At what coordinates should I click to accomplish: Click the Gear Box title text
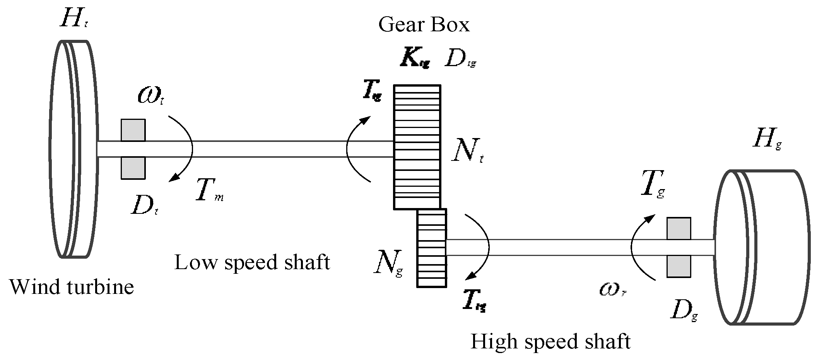[424, 25]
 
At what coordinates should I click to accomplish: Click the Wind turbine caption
[72, 287]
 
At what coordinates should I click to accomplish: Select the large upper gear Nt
[417, 147]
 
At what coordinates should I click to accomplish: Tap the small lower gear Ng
[432, 248]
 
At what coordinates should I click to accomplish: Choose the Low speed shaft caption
[252, 262]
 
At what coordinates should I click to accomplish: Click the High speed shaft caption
[550, 341]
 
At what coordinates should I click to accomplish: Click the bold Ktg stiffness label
[415, 59]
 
